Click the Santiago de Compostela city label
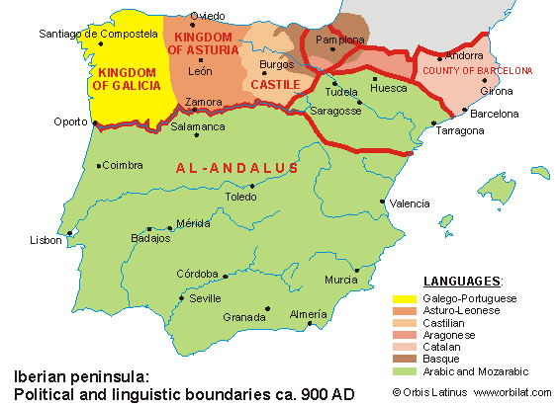tap(98, 33)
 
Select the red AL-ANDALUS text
tap(236, 169)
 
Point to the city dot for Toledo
tap(254, 185)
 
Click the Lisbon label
tap(46, 240)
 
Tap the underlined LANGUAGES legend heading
tap(462, 282)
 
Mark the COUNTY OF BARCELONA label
tap(477, 71)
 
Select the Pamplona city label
tap(340, 41)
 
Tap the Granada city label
tap(244, 317)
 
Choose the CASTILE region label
tap(275, 85)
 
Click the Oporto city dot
tap(94, 124)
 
